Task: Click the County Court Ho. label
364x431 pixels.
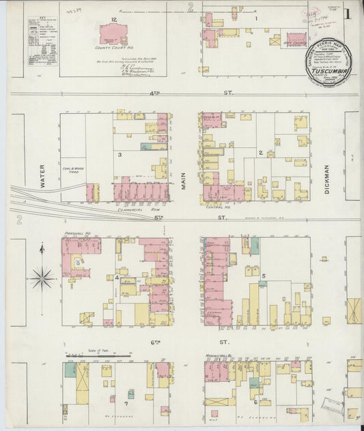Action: coord(114,48)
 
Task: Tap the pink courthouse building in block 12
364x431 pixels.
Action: coord(113,34)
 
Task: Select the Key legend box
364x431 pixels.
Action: coord(42,41)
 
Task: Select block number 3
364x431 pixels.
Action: coord(120,155)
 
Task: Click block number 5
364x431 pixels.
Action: coord(264,275)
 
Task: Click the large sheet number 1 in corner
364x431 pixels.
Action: coord(348,13)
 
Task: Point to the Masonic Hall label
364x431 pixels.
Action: coord(220,356)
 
